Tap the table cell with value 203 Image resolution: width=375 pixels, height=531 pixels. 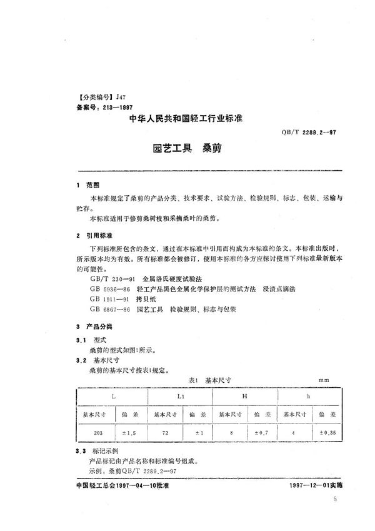(x=96, y=432)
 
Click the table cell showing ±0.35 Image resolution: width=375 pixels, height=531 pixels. (x=327, y=432)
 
